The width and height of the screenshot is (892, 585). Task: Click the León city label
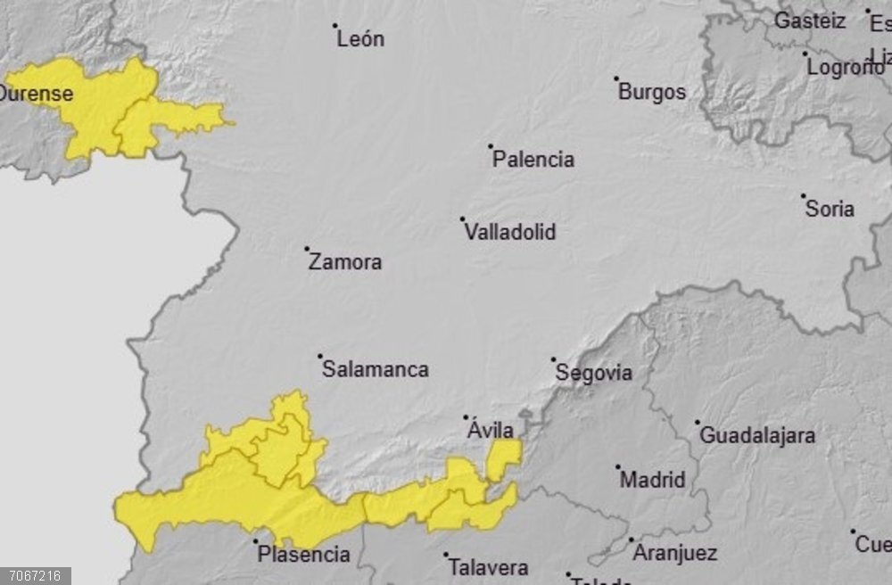[360, 39]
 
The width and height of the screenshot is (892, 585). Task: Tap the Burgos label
[652, 92]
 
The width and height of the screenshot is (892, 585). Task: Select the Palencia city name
[533, 160]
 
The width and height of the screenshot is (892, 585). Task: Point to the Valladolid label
[510, 233]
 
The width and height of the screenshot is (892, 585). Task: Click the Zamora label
[345, 262]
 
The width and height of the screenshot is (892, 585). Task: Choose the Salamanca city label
[376, 369]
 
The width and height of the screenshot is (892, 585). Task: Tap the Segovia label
[594, 373]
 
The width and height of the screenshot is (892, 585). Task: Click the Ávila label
[491, 431]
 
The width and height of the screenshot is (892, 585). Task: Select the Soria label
[830, 210]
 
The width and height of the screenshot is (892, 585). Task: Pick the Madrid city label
[653, 480]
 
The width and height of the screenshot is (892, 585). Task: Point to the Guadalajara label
[757, 436]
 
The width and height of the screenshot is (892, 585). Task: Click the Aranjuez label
[674, 553]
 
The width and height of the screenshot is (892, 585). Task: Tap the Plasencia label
[304, 555]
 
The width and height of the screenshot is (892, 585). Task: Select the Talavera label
[488, 567]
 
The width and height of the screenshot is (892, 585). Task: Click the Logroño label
[845, 67]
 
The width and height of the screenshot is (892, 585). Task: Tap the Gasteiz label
[810, 21]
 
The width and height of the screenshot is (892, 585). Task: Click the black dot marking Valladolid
[462, 218]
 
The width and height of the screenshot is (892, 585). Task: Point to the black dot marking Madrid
[617, 466]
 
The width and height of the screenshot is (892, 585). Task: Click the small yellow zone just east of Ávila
[503, 457]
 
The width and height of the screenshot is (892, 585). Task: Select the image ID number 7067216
[35, 576]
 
